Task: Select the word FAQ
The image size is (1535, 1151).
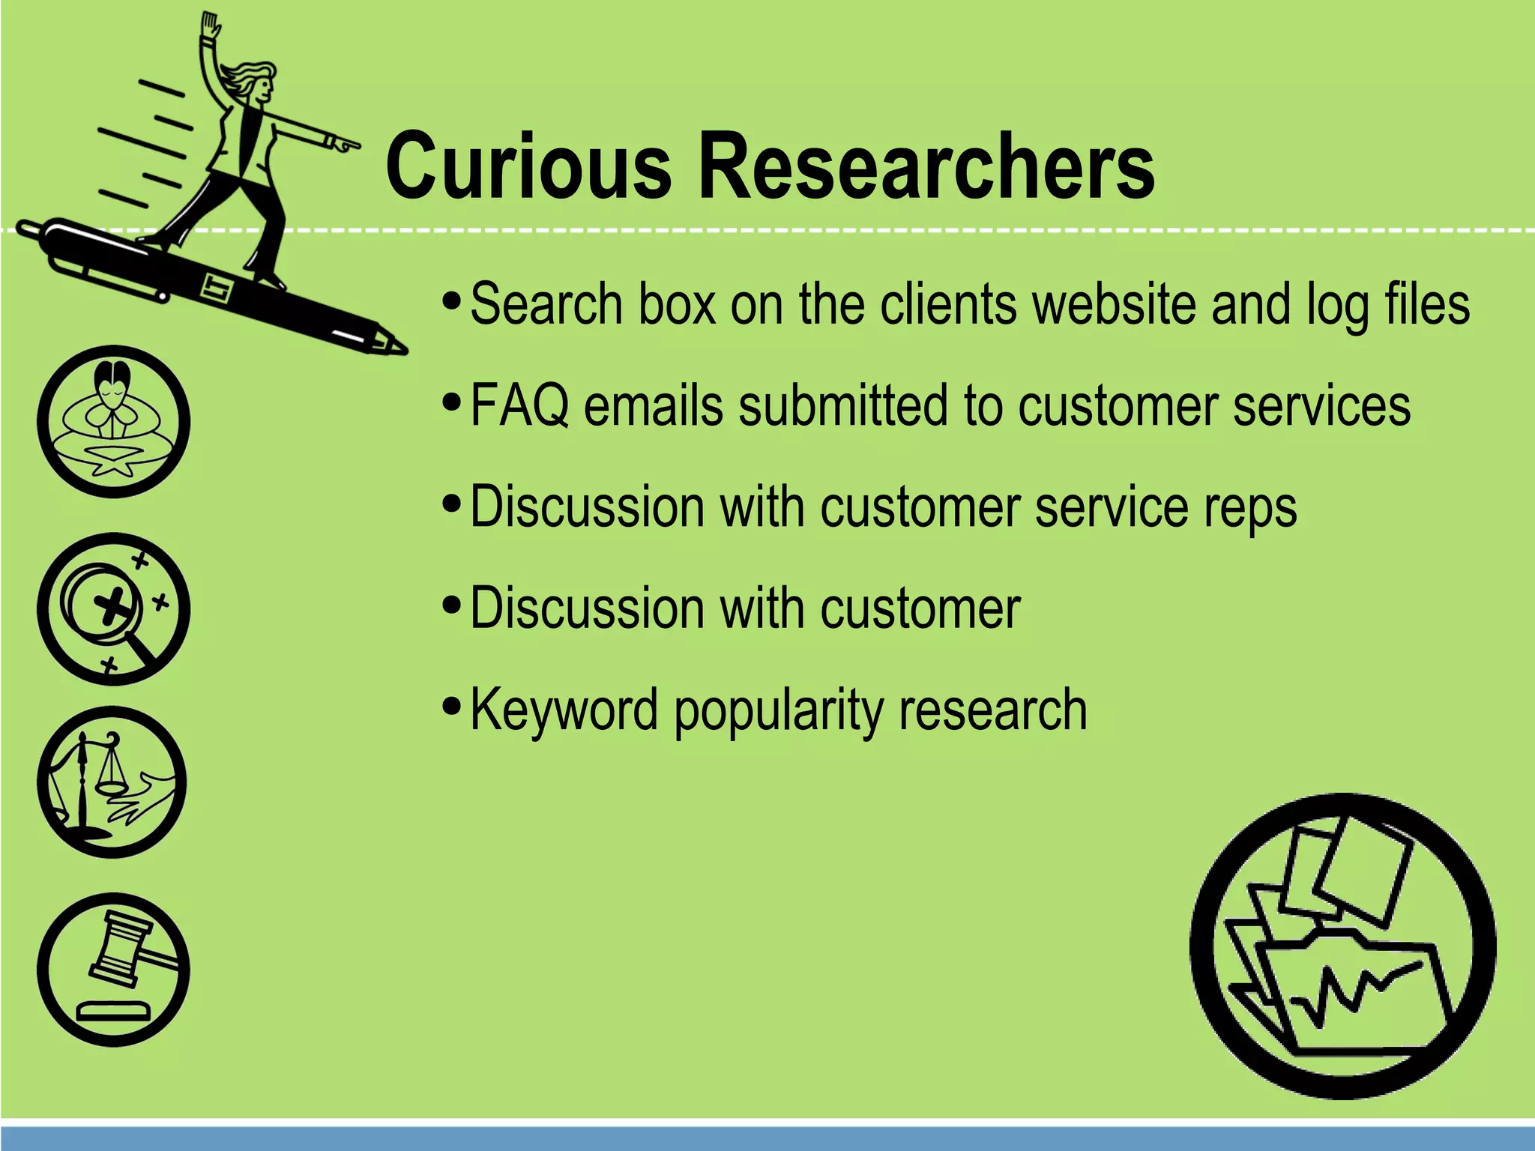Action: click(x=519, y=405)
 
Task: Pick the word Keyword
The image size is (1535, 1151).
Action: click(x=564, y=710)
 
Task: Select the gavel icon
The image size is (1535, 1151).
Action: click(x=113, y=969)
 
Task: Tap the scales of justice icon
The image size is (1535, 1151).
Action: click(x=113, y=782)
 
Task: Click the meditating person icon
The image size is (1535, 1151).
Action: click(x=113, y=421)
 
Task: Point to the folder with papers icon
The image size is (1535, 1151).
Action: click(x=1342, y=946)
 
